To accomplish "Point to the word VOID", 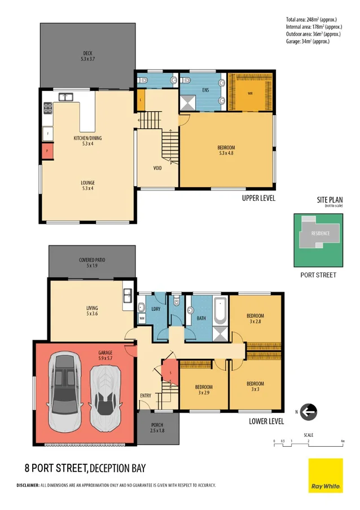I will click(x=158, y=168).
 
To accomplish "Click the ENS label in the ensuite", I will click(x=207, y=89).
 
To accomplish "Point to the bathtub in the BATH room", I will click(x=219, y=310).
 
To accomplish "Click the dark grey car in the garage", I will click(x=66, y=390).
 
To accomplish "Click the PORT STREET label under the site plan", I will click(x=319, y=275).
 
